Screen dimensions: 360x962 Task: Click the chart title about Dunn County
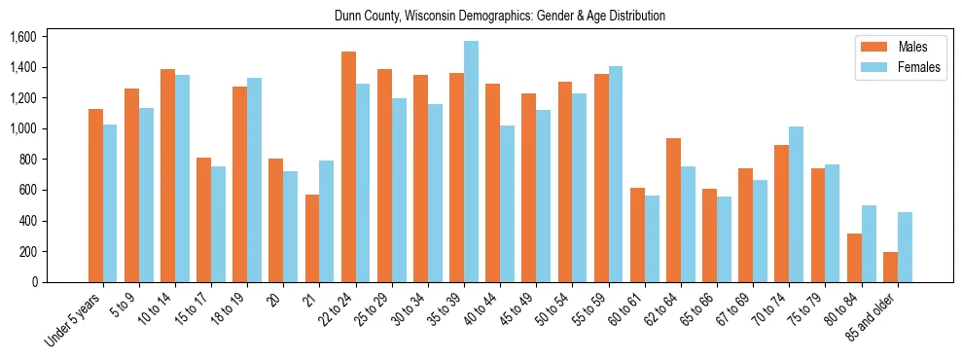[x=499, y=17]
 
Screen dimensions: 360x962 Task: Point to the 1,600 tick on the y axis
[x=22, y=37]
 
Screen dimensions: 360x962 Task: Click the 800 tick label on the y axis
[x=26, y=160]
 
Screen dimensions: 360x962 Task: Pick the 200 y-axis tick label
[x=26, y=251]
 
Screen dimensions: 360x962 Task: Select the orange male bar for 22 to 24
[x=348, y=166]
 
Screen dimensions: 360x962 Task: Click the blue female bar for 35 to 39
[x=471, y=162]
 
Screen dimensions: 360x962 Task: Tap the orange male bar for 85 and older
[x=890, y=267]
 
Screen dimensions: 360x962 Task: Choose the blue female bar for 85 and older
[x=905, y=247]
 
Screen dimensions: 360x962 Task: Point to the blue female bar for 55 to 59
[x=616, y=174]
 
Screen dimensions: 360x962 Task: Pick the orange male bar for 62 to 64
[x=673, y=210]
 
